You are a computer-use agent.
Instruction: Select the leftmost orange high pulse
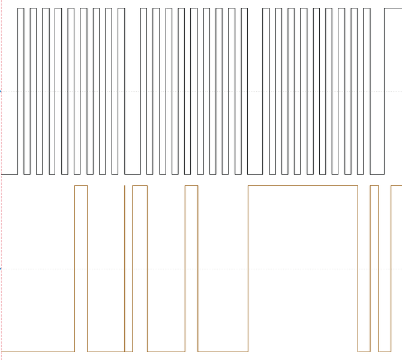81,186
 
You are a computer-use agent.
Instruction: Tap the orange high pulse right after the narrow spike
140,186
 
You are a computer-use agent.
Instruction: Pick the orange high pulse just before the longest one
191,186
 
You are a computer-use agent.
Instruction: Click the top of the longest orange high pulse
302,186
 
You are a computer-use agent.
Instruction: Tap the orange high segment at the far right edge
396,186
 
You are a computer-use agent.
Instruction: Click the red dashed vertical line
1,180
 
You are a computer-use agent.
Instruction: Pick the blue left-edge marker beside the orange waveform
1,268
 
